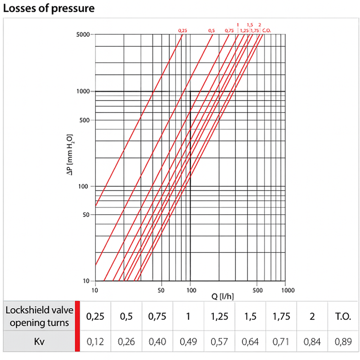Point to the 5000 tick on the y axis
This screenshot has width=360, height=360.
84,35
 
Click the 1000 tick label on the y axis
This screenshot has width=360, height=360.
84,91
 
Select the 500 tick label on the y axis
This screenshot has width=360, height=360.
85,120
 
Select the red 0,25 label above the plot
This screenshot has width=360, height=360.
182,30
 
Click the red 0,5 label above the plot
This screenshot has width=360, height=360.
212,30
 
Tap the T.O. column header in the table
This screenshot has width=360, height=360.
344,316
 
